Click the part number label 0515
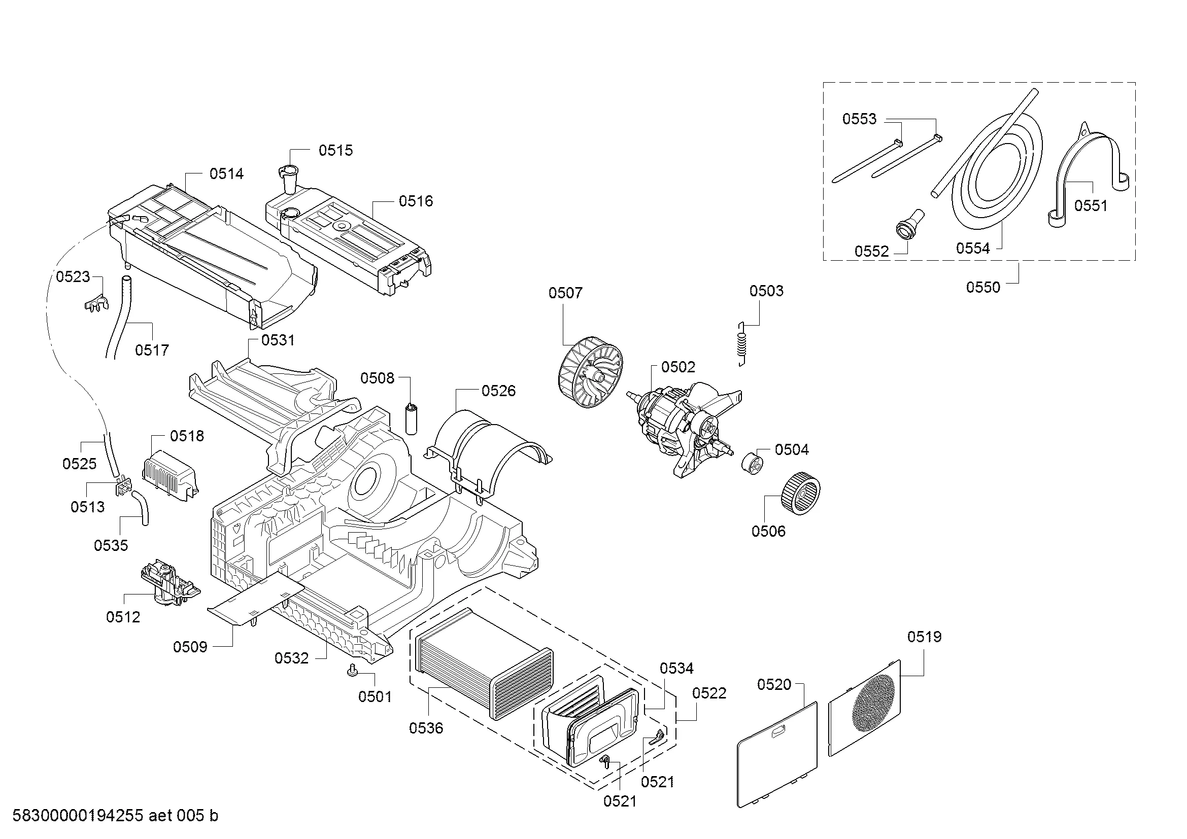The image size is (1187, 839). click(335, 150)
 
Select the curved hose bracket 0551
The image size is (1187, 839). click(1086, 176)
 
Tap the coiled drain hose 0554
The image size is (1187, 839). click(998, 170)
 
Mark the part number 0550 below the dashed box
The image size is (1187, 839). click(983, 287)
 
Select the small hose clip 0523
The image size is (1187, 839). click(96, 303)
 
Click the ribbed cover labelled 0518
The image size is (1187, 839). click(169, 476)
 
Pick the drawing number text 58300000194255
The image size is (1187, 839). click(78, 815)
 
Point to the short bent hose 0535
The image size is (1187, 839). click(141, 508)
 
